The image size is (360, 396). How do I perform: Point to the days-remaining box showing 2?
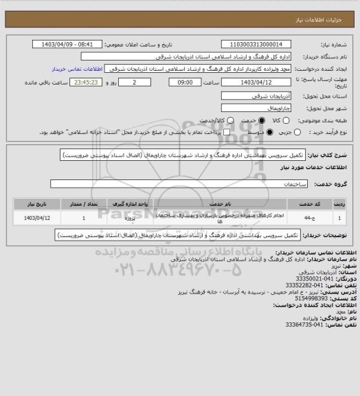[x=133, y=82]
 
